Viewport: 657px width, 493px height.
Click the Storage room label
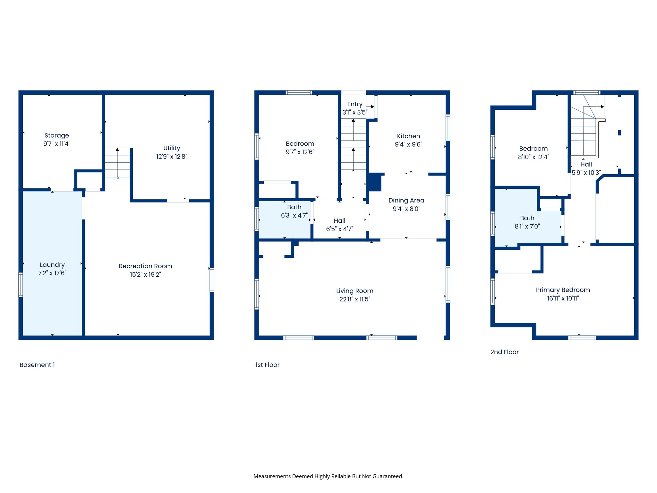(56, 135)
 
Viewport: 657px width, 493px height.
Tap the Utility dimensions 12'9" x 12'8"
(172, 157)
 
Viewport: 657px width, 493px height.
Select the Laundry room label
(52, 265)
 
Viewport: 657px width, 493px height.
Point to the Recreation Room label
(145, 266)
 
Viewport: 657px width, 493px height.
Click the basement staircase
(117, 163)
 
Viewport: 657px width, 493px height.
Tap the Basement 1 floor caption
(37, 365)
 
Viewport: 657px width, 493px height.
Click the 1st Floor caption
(267, 365)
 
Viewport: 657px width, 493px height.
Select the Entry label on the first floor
(355, 104)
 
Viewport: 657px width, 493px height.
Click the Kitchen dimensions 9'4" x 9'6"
(408, 144)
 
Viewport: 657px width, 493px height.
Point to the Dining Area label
(406, 201)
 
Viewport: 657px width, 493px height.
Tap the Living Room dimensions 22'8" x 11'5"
(354, 299)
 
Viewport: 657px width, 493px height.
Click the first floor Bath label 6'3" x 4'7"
(294, 211)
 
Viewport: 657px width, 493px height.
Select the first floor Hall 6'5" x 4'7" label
(339, 225)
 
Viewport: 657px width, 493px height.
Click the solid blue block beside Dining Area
(374, 182)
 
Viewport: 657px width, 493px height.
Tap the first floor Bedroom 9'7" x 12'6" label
(300, 148)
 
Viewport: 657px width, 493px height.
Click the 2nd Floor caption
(504, 352)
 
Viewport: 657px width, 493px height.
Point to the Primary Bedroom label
(563, 290)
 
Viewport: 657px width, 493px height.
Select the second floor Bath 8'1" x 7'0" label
(527, 222)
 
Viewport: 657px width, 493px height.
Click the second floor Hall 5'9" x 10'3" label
(586, 169)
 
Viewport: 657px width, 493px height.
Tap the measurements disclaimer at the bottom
(328, 476)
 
